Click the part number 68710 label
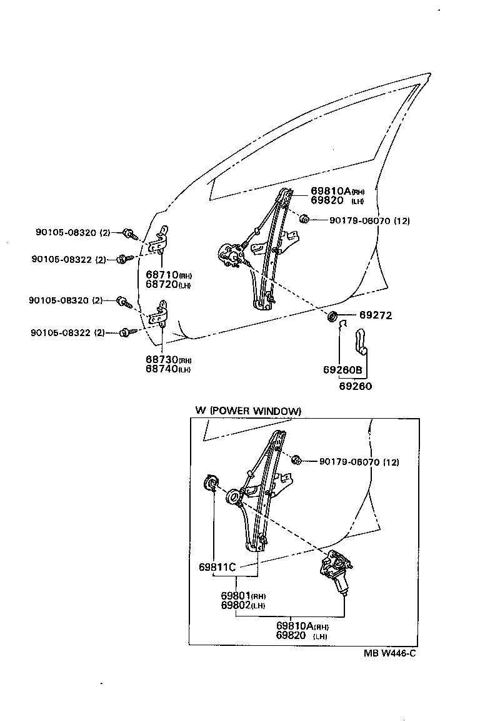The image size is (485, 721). coord(162,275)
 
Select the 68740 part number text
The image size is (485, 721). coord(162,369)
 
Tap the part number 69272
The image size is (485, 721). coord(375,315)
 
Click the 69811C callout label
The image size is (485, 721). coord(217,568)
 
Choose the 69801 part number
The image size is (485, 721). coord(235,595)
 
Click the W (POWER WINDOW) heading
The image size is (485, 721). coord(248,411)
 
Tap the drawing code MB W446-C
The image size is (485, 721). coord(391,653)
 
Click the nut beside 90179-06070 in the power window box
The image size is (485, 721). coord(297,461)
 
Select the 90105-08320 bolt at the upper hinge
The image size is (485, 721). coord(129,233)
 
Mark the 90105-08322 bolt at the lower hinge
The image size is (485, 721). coord(126,332)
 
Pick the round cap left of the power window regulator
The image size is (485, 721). coord(211,484)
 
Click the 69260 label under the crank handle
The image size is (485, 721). coord(355,386)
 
